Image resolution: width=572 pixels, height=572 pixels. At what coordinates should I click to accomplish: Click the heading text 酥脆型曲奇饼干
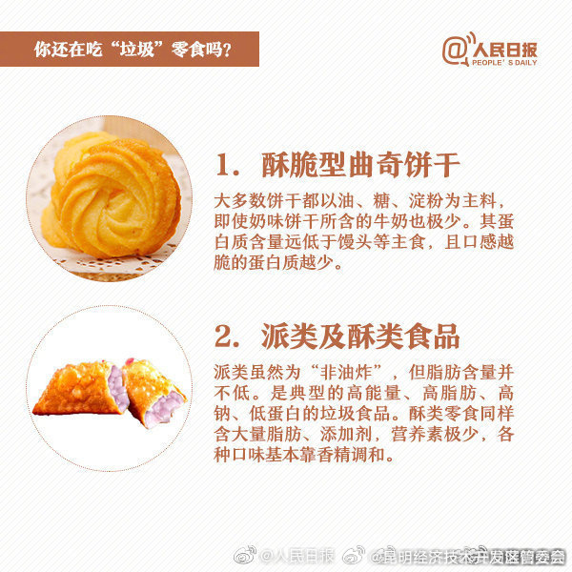point(361,165)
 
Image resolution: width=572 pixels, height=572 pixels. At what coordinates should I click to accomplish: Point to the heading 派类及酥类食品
point(361,336)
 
